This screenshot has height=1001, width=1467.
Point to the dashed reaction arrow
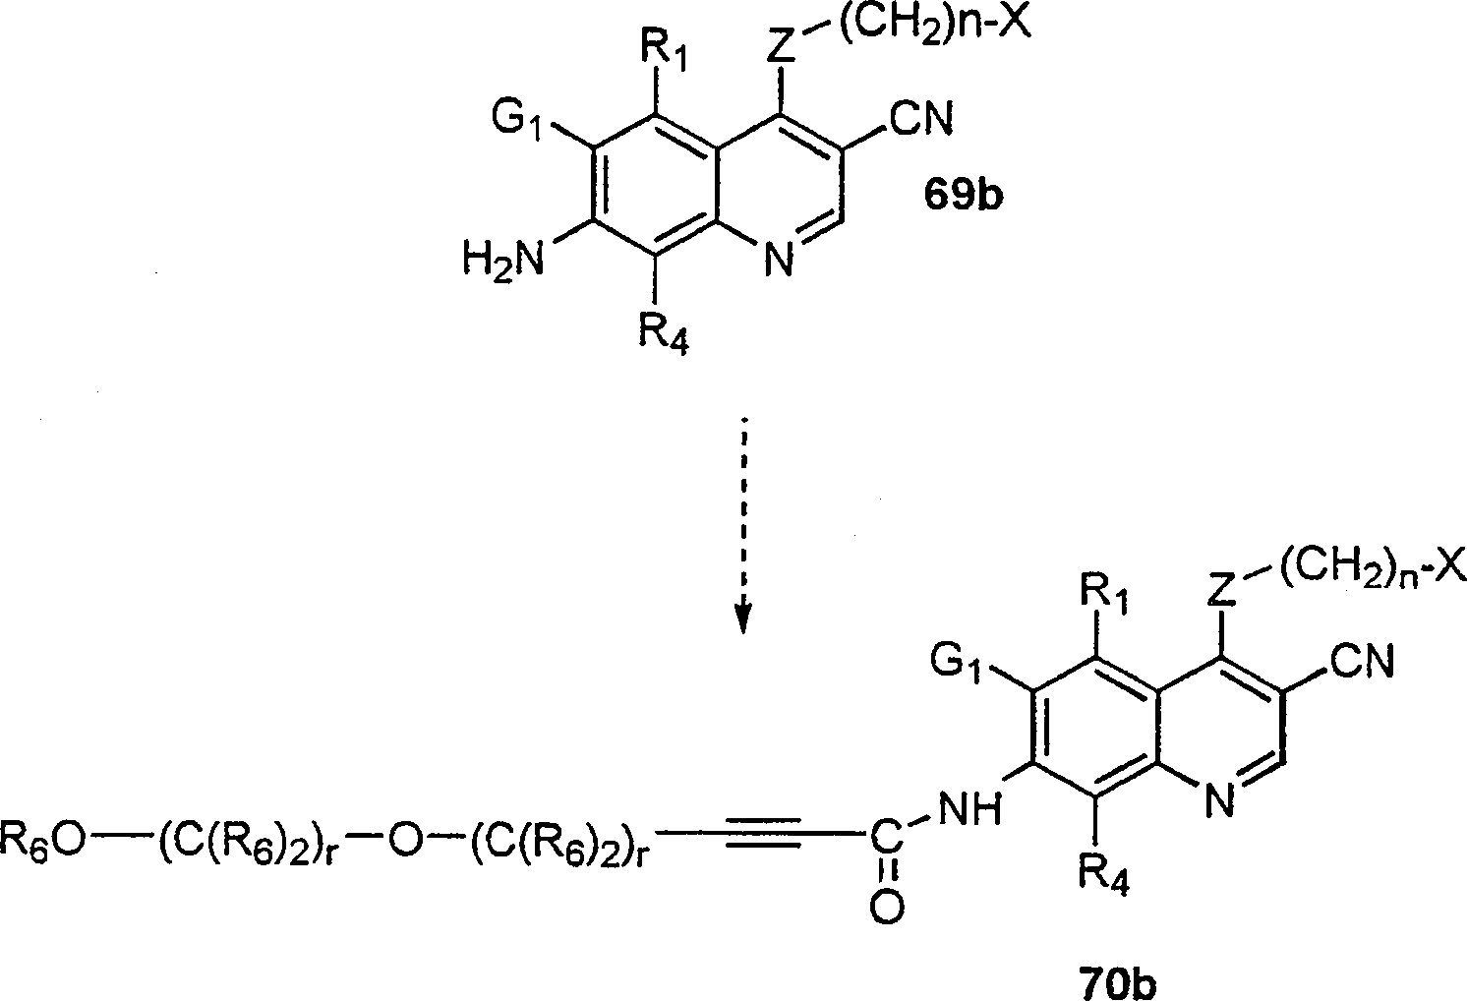[x=744, y=526]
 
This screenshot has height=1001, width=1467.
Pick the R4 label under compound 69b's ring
[x=663, y=333]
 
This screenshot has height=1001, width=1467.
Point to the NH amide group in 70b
[x=968, y=808]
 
